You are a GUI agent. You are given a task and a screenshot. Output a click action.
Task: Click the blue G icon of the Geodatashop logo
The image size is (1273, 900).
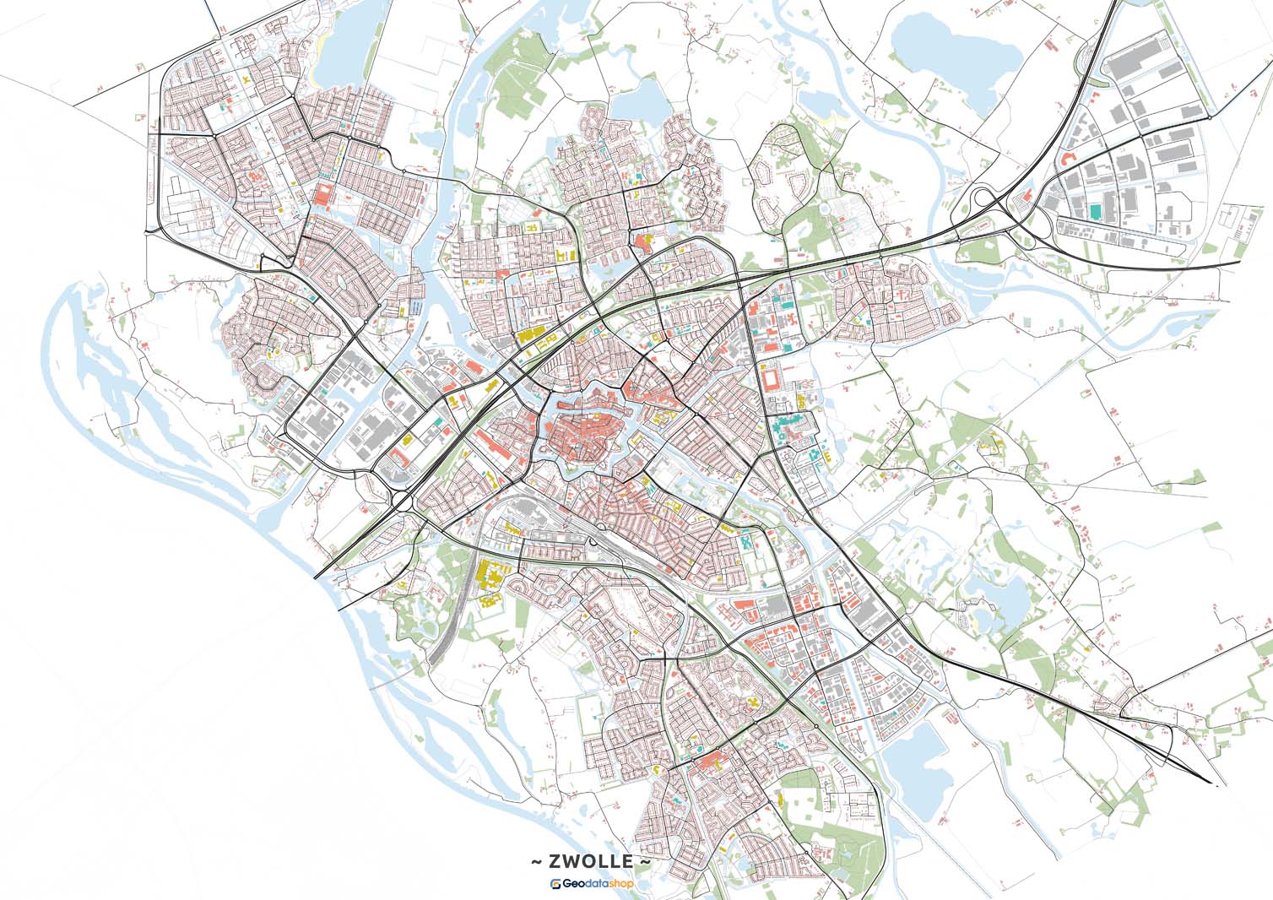point(556,884)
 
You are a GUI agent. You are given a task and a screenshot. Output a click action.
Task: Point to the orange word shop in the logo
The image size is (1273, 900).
point(619,884)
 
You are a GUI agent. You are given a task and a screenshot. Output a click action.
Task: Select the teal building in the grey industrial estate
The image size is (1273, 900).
point(1095,209)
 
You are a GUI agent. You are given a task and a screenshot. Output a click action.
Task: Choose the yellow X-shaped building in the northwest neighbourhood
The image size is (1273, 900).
point(246,81)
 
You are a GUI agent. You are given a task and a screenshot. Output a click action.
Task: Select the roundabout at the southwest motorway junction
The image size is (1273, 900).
point(404,500)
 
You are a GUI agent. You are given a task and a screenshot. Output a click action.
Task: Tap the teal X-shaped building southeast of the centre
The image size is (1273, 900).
point(747,541)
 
